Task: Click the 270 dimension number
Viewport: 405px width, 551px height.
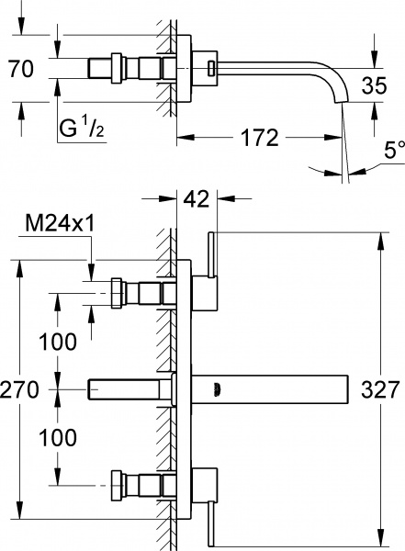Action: pos(20,389)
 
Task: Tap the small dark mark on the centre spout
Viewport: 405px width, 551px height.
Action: pos(217,388)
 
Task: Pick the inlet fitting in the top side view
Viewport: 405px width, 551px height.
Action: pos(119,67)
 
